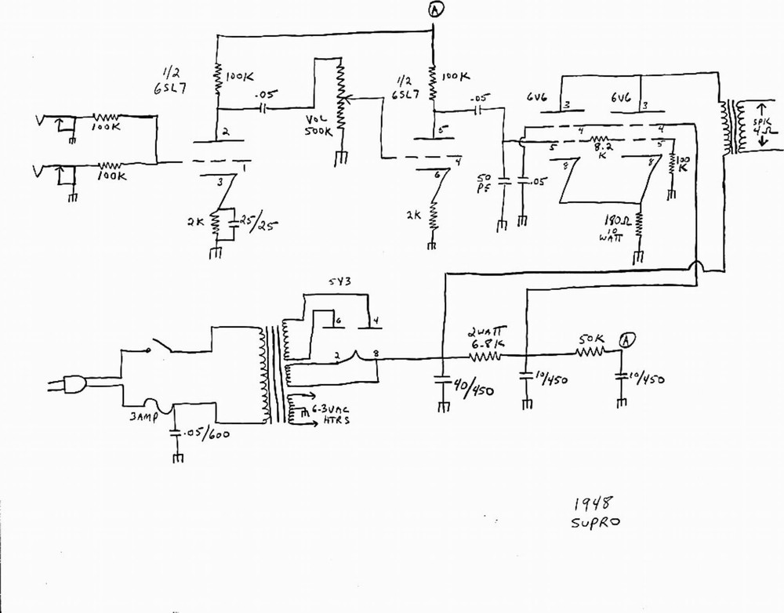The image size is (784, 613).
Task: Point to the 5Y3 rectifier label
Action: pos(335,283)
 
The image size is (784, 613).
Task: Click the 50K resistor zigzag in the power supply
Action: pos(590,354)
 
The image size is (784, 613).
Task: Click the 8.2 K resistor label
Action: pos(601,149)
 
